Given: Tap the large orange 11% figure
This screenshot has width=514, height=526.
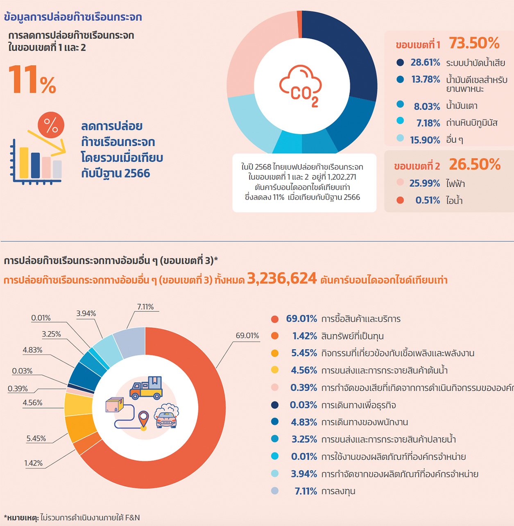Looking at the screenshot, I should tap(32, 80).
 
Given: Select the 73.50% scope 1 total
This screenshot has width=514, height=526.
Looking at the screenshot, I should tap(474, 43).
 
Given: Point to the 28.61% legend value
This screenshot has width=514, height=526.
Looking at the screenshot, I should tap(425, 62).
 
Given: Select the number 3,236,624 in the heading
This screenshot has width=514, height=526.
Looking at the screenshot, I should tap(282, 279).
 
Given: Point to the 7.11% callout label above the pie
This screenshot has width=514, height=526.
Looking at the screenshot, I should tap(145, 307).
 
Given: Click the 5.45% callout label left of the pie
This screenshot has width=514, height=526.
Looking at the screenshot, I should tap(36, 438).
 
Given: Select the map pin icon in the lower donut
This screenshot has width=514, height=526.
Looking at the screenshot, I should tap(143, 420).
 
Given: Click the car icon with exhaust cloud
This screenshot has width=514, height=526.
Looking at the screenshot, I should tap(166, 416).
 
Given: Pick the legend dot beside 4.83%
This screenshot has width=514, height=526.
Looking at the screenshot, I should tap(275, 422).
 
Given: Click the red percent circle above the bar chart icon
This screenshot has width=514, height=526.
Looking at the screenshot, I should tap(51, 125).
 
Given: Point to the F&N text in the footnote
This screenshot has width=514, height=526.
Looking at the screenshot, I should tap(132, 518).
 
